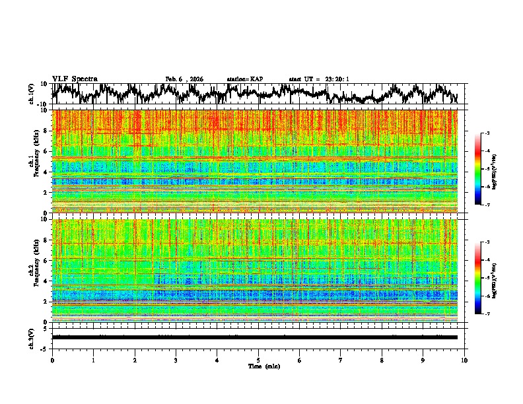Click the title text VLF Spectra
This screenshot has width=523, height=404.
pos(75,79)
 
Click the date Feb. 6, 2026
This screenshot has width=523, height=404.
pos(184,79)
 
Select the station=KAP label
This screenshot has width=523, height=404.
pos(244,79)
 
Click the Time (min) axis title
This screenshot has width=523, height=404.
pos(258,366)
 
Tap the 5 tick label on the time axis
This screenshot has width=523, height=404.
pos(258,360)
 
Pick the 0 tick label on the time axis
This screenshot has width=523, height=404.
pos(52,360)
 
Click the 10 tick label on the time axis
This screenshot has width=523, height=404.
pos(465,360)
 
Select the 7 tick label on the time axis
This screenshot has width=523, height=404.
pos(341,360)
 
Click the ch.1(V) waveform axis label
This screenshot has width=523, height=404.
pos(32,94)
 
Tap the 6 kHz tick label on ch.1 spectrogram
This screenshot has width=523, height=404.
pos(46,151)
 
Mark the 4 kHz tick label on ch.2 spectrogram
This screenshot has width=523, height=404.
pos(46,281)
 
